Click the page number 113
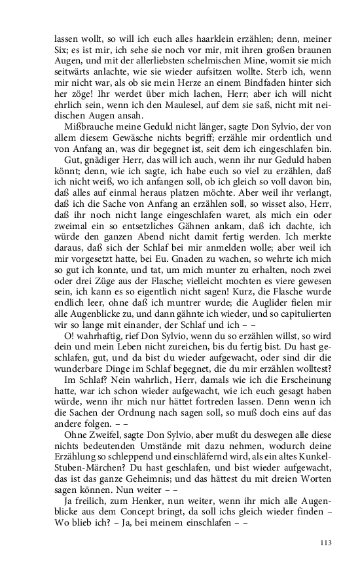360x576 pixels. click(x=325, y=542)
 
